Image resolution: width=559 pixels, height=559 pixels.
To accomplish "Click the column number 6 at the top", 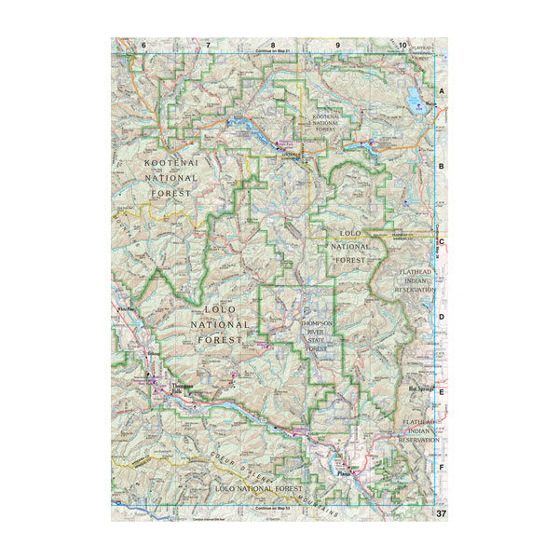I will [144, 45].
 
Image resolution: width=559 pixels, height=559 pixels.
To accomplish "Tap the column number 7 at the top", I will [209, 45].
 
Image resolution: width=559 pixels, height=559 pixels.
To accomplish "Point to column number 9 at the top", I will [337, 45].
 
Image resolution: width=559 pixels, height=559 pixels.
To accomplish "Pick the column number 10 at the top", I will [402, 45].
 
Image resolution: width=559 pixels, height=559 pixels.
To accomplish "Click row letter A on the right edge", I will [443, 90].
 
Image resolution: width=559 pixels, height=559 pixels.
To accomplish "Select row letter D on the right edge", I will [443, 316].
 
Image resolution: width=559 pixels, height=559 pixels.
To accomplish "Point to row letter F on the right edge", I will [443, 466].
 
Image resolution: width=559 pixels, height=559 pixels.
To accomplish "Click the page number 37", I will [440, 514].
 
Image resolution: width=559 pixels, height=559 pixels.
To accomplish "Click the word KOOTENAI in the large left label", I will [172, 163].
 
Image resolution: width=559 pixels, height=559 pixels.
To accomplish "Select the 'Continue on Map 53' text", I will [273, 508].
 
